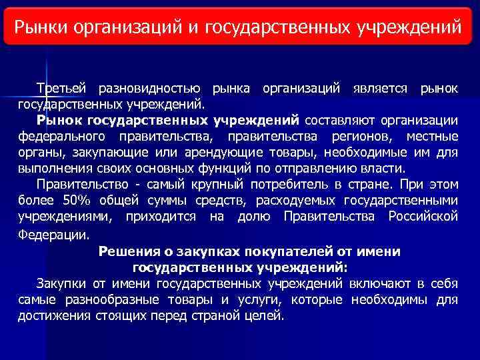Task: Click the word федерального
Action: (62, 137)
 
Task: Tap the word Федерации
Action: (52, 235)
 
